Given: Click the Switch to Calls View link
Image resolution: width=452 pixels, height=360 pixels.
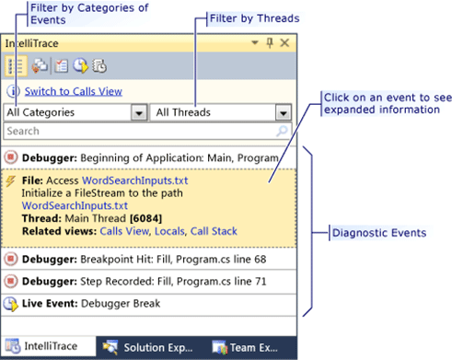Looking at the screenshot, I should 73,91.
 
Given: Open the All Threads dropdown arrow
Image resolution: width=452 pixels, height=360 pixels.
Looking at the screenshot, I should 284,112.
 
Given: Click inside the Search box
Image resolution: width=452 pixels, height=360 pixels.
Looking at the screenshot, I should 138,132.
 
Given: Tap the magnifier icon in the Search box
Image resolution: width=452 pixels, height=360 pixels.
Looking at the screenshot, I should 284,132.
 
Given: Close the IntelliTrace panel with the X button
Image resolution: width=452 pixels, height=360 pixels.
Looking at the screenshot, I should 284,43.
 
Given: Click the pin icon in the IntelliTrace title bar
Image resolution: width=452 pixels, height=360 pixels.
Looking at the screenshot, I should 269,43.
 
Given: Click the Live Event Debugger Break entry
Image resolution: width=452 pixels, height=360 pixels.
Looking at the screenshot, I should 92,303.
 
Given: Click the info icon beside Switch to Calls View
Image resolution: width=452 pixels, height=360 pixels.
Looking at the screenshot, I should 12,91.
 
